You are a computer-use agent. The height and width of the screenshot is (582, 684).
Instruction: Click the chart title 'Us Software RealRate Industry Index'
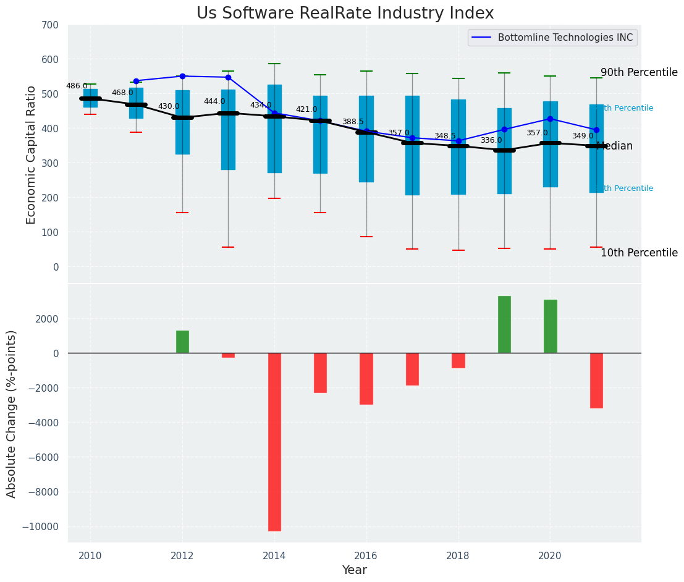tap(345, 14)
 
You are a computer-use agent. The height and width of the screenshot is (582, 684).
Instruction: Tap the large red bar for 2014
tap(274, 442)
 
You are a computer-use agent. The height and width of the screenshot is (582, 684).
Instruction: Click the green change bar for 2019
tap(504, 324)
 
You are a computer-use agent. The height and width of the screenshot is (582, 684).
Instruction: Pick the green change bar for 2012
tap(182, 342)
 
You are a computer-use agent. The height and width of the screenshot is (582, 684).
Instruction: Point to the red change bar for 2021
tap(596, 381)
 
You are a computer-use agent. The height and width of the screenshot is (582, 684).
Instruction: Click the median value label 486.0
tap(77, 86)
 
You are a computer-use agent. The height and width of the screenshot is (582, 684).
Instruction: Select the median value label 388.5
tap(353, 122)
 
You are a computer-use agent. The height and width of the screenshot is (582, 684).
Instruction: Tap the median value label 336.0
tap(491, 140)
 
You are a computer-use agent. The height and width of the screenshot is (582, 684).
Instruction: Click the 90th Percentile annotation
tap(639, 72)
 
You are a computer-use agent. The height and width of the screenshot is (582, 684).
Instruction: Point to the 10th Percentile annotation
tap(639, 253)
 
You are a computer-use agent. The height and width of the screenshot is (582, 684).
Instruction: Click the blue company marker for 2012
tap(182, 76)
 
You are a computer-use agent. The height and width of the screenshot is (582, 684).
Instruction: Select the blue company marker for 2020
tap(550, 119)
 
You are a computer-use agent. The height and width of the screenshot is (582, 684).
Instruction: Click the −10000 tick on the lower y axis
tap(40, 526)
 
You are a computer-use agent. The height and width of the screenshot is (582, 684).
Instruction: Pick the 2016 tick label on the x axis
tap(366, 555)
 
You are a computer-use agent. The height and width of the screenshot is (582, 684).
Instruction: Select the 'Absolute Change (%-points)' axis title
tap(12, 413)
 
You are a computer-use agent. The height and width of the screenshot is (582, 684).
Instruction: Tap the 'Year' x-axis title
tap(355, 570)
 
